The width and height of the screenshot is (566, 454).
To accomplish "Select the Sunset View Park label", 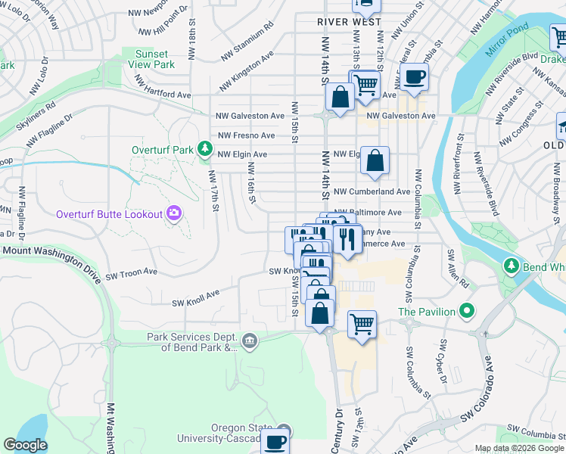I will click(x=154, y=59).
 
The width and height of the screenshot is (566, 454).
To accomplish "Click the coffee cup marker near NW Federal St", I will click(x=414, y=76).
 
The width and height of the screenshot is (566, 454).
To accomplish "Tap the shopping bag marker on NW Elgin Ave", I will click(x=375, y=160).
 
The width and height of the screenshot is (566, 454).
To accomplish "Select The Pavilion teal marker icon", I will click(x=468, y=311).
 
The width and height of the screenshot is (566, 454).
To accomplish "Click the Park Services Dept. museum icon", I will click(x=250, y=343).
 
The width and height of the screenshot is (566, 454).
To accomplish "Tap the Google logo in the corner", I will click(x=25, y=445).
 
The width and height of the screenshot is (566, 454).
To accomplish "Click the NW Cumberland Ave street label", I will click(x=372, y=192).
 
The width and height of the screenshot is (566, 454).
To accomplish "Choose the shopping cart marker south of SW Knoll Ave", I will click(x=362, y=325).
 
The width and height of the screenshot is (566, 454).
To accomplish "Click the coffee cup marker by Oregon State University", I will click(x=275, y=442).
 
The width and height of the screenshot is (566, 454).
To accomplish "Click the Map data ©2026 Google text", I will click(x=518, y=448).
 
